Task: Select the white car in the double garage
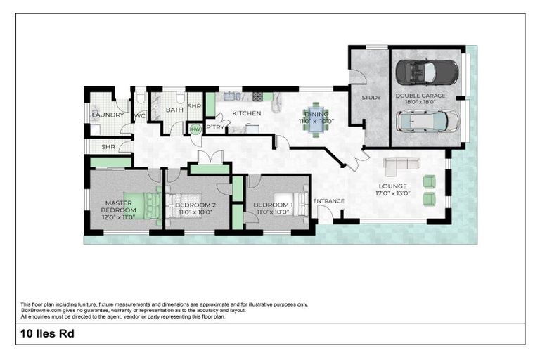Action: [427, 122]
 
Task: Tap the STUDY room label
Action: [371, 98]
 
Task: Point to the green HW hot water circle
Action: [195, 129]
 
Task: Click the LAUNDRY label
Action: [108, 115]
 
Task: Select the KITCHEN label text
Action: [247, 113]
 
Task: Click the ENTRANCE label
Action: [328, 201]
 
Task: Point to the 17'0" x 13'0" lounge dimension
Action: [394, 193]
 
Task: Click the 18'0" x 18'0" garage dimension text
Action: [416, 102]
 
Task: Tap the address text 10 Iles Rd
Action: [48, 334]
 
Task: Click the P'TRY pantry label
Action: [214, 127]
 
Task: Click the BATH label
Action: [174, 110]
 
